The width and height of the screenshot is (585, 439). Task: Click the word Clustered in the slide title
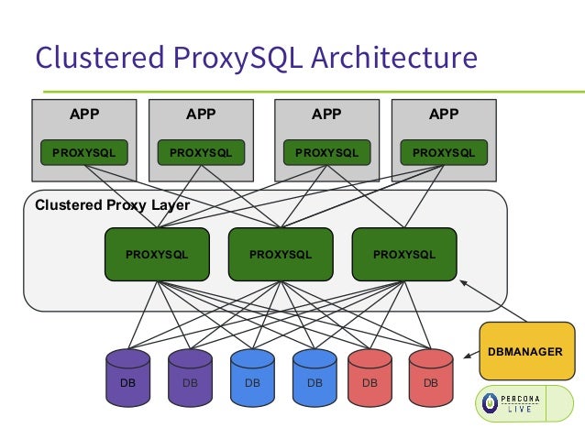coord(96,58)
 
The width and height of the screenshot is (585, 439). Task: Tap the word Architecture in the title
coord(395,58)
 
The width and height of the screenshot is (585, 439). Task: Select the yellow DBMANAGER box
coord(525,351)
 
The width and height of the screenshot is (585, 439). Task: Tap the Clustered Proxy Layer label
coord(112,205)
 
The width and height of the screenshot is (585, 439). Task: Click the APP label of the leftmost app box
coord(84,115)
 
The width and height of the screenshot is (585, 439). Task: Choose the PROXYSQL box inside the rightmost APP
coord(444,153)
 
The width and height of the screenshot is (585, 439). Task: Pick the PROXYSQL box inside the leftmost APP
coord(84,153)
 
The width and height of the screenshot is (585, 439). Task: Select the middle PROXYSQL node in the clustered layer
coord(280,254)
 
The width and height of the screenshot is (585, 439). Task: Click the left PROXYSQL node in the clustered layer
coord(157,254)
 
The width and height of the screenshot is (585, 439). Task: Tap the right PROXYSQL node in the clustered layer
coord(404,254)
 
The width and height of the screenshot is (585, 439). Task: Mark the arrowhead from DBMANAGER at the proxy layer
coord(464,283)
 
